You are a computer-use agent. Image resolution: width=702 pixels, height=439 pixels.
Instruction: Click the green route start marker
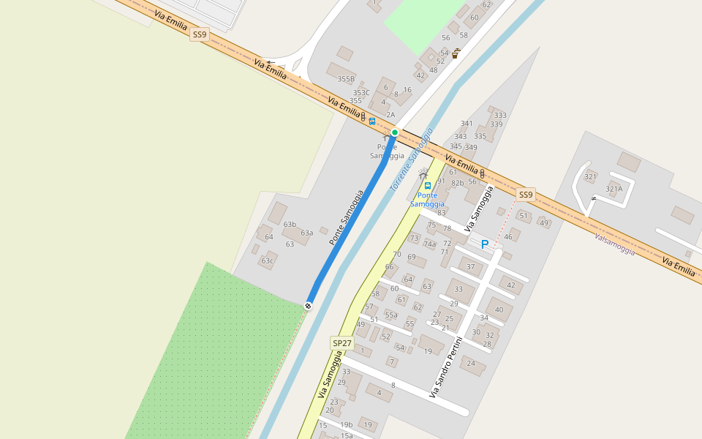coord(395,132)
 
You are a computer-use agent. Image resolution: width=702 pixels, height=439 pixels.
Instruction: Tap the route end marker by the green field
coord(309,305)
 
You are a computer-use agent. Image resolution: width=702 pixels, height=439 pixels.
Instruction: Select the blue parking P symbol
coord(484,244)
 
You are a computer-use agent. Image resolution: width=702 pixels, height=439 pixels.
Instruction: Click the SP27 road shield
coord(342,343)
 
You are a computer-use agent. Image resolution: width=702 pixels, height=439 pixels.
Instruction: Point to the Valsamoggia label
coord(614,244)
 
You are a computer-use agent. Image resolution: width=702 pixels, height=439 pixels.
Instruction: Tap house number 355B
coord(346,79)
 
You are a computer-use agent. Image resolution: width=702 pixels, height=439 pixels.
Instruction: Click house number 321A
coord(614,189)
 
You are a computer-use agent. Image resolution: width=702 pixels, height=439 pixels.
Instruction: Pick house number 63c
coord(268,261)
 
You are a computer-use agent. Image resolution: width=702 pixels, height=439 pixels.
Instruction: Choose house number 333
coord(500,116)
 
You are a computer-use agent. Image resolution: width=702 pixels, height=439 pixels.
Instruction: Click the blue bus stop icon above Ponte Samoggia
coord(428,185)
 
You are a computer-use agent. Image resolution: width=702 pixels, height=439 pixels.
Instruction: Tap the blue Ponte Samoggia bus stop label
coord(427,200)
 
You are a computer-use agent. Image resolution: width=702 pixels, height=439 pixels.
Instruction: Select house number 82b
coord(458,183)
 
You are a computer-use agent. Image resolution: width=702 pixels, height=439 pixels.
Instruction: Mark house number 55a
coord(391,315)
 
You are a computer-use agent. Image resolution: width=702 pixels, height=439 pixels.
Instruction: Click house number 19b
coord(346,424)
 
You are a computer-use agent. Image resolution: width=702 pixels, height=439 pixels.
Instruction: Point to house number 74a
coord(430,244)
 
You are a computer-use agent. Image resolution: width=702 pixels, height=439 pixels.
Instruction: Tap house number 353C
coord(361,93)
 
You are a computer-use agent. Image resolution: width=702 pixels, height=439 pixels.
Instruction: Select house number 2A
coord(390,115)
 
